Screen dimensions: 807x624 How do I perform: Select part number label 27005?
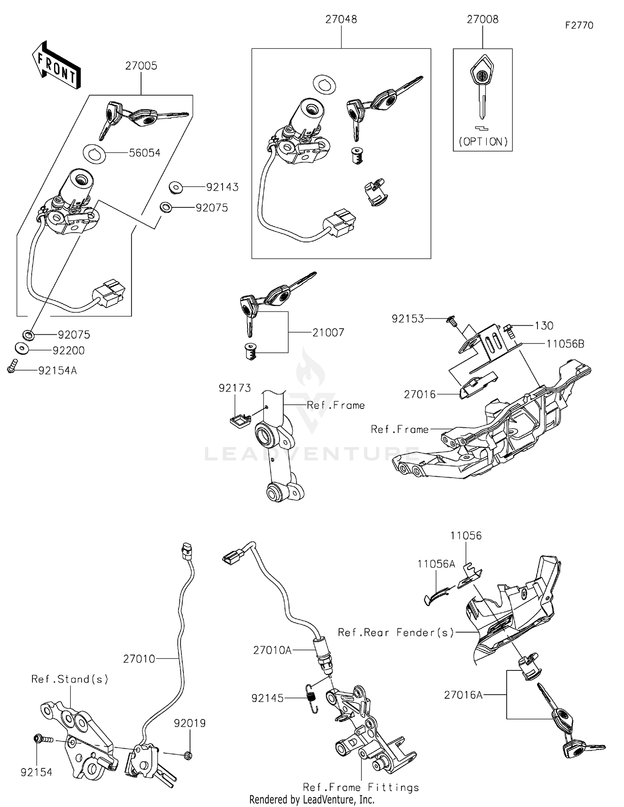click(141, 66)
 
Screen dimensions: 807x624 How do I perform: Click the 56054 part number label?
click(144, 153)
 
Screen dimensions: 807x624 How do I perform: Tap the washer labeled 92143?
click(176, 187)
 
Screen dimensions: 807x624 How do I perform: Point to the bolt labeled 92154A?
click(12, 366)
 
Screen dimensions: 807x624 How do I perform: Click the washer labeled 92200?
click(22, 348)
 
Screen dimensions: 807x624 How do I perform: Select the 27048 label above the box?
click(341, 19)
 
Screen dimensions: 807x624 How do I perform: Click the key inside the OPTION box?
click(482, 85)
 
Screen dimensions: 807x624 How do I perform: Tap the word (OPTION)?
click(483, 142)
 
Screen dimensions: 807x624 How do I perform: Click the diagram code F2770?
click(579, 25)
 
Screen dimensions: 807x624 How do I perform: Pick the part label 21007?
click(328, 332)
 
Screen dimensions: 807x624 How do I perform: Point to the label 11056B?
click(565, 344)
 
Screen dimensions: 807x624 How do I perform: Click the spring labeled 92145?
click(311, 698)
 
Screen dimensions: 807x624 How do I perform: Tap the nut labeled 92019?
click(188, 755)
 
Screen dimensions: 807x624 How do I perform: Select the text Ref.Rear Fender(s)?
click(395, 633)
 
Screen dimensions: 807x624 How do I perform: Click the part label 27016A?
click(463, 695)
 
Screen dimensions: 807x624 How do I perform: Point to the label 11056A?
click(436, 564)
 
